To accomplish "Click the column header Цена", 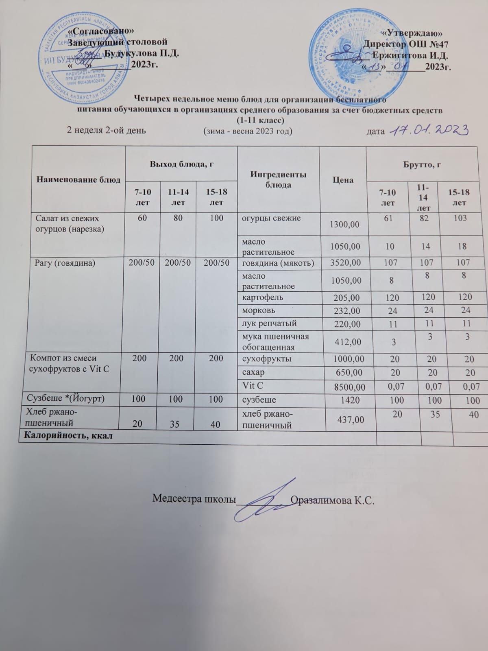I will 342,180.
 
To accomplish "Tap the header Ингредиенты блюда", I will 278,179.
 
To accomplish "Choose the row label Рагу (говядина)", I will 65,263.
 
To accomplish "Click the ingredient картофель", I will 263,297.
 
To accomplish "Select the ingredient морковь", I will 259,310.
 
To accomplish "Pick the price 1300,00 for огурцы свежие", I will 344,223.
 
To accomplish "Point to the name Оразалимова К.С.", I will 333,500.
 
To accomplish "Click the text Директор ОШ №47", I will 406,44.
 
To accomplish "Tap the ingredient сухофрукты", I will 266,359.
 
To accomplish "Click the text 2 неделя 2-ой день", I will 106,131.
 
